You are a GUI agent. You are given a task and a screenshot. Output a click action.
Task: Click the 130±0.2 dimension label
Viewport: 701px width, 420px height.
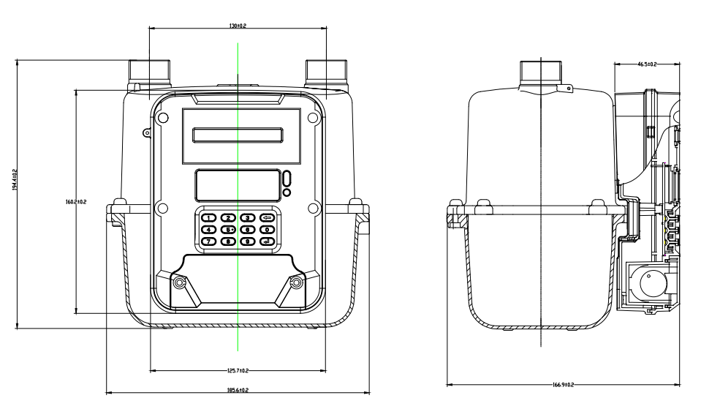point(238,26)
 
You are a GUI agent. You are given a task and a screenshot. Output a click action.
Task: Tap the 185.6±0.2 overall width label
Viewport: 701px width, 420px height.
point(238,391)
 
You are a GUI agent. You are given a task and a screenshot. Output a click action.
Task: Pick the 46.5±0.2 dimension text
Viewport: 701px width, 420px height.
point(647,64)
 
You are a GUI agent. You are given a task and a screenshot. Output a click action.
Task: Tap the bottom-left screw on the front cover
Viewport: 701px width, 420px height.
point(178,282)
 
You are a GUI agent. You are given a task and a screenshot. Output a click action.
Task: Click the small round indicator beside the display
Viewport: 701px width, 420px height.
point(287,192)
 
